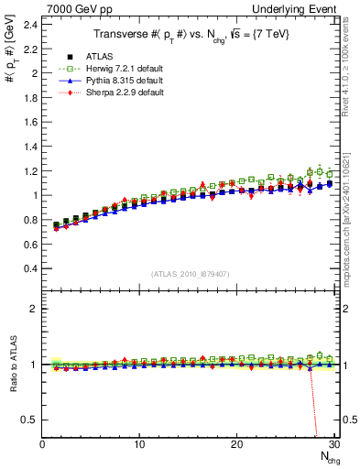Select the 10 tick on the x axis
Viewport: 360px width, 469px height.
coord(139,444)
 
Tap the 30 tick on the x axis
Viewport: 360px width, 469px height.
coord(333,444)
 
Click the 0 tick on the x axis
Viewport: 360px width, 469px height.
coord(42,444)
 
